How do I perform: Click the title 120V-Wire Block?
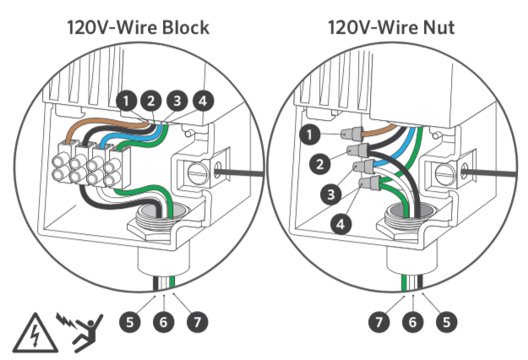point(138,28)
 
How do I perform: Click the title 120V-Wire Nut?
point(392,28)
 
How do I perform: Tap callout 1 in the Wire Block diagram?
point(127,102)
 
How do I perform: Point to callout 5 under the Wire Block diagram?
point(128,322)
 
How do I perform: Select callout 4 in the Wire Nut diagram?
point(342,225)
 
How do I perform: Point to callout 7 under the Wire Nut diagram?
point(380,322)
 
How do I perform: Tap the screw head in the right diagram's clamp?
point(442,175)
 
